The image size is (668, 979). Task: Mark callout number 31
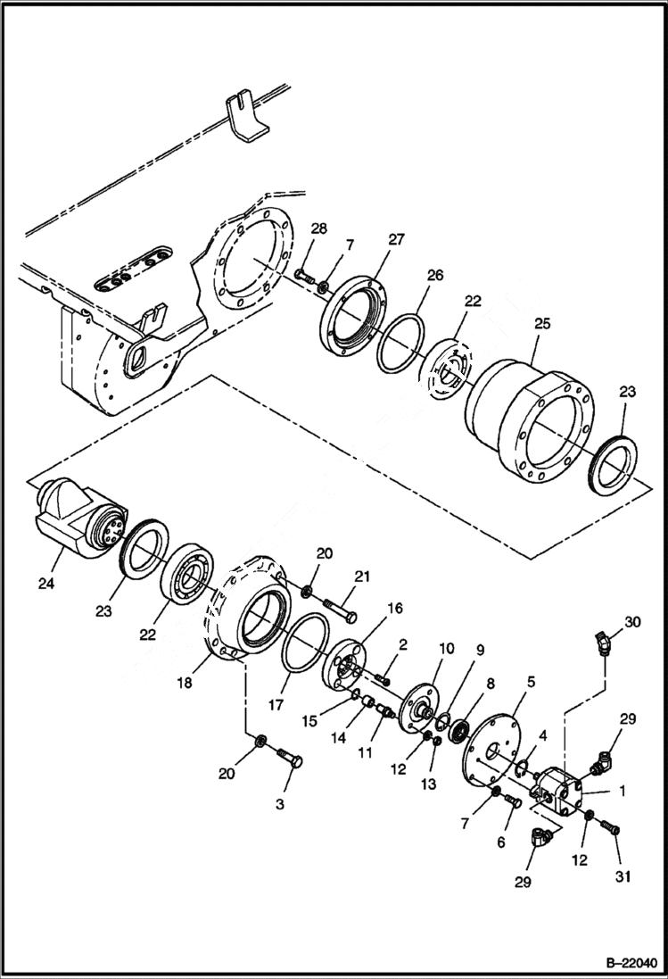point(622,877)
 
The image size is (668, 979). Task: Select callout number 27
point(395,239)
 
